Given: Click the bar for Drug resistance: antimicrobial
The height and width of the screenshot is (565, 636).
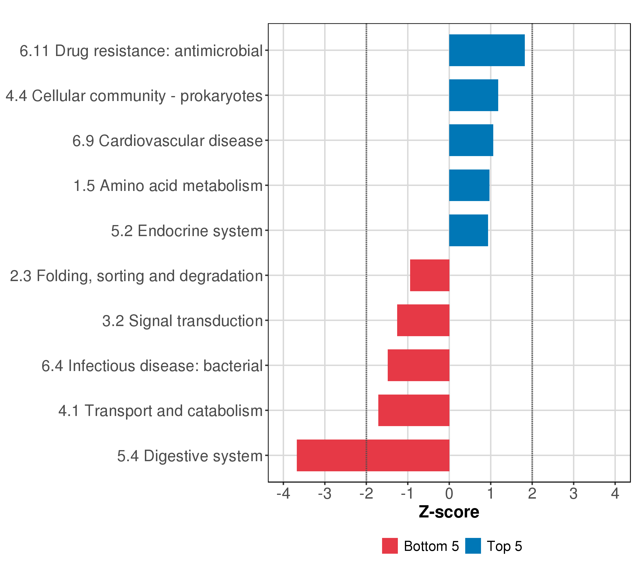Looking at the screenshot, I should coord(487,50).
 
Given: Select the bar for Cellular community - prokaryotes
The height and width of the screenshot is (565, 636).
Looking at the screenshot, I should coord(473,95).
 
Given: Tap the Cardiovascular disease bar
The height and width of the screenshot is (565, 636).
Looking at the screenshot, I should coord(471,140).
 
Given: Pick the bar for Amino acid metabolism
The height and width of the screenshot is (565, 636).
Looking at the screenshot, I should coord(469,185).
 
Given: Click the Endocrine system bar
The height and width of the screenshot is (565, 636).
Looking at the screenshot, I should coord(468,230).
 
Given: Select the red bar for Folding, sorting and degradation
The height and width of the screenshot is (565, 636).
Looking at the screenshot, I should coord(429,275).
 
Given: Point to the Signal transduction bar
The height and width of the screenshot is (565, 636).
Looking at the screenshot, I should coord(423,320).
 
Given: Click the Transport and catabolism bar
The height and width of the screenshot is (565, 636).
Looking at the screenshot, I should coord(414,411).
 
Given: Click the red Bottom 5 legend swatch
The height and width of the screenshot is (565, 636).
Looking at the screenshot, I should coord(390,546).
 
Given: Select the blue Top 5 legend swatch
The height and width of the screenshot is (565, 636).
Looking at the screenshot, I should coord(473,546).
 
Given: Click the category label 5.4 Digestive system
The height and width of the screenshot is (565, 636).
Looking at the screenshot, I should coord(190,456).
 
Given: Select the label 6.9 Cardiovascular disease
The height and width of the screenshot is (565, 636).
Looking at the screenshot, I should coord(167,141).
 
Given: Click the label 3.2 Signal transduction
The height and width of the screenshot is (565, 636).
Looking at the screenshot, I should coord(183,321).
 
